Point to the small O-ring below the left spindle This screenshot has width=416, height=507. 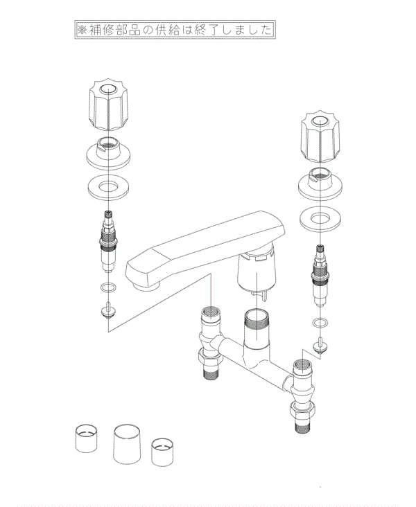point(107,287)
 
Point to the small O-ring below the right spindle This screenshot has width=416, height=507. point(319,323)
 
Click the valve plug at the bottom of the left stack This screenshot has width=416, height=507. point(107,309)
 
